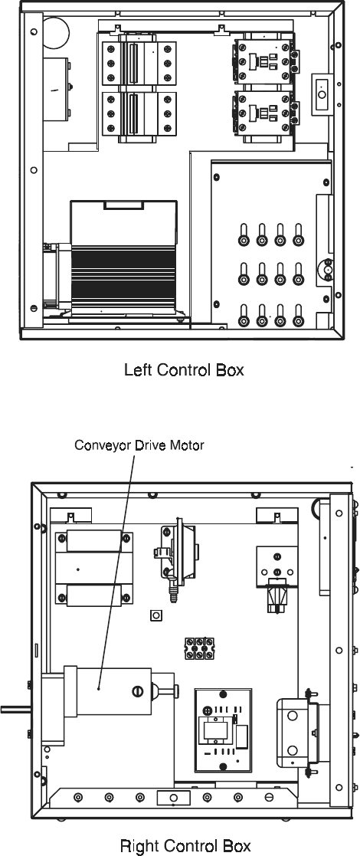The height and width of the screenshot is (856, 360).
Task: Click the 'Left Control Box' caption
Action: (x=184, y=369)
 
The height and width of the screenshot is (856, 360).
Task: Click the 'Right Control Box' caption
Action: (x=185, y=845)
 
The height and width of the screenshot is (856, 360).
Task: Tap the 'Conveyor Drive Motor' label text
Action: (x=139, y=445)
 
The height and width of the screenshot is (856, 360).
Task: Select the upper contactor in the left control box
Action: (x=266, y=61)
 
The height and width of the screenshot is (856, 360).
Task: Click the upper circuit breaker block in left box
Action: (x=139, y=61)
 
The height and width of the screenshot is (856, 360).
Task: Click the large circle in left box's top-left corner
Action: (x=56, y=32)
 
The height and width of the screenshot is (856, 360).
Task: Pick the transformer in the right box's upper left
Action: (x=93, y=568)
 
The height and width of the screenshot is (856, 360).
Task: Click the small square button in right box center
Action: (x=156, y=615)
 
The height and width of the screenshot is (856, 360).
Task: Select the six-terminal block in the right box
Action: (x=200, y=648)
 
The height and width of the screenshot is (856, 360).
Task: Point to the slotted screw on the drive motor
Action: (x=137, y=690)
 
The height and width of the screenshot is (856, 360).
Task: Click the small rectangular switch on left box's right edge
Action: (x=321, y=95)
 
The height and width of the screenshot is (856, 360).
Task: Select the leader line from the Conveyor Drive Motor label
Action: (x=116, y=570)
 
